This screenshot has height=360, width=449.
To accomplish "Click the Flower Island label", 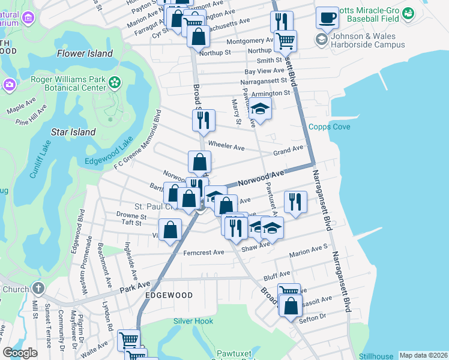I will [x=85, y=53].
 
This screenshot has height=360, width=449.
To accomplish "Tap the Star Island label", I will [x=74, y=132].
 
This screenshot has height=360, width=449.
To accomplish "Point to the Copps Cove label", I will [x=329, y=127].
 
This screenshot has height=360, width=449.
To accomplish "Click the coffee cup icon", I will [x=327, y=18].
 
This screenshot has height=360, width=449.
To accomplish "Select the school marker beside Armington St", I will [x=260, y=108].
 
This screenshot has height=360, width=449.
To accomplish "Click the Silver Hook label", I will [x=193, y=321].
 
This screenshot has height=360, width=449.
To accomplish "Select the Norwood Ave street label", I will [x=260, y=177].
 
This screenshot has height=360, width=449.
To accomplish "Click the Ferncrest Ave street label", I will [x=203, y=253].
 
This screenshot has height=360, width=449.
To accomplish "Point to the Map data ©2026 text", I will [x=423, y=355].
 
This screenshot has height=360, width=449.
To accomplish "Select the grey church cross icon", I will [x=39, y=289].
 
